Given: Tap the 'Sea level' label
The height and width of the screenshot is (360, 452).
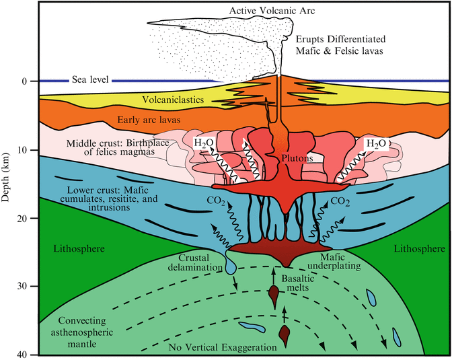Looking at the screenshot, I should tap(91, 81).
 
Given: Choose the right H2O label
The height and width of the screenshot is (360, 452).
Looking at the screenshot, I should tap(375, 143).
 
